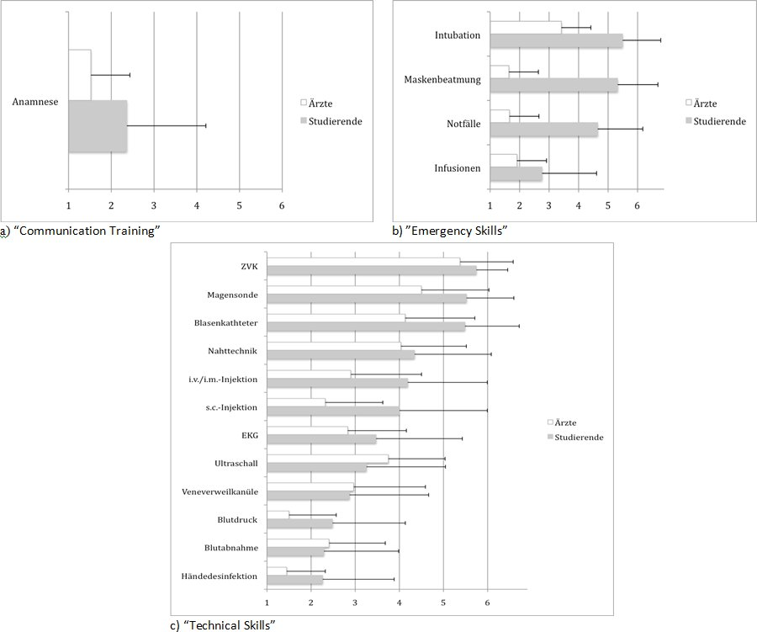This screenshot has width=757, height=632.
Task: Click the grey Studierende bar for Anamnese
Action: point(98,126)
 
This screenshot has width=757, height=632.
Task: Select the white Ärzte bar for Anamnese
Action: point(80,75)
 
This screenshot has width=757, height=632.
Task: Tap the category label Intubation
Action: point(458,35)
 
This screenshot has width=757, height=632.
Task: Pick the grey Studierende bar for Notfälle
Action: point(543,130)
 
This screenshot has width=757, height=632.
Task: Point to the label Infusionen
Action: point(457,168)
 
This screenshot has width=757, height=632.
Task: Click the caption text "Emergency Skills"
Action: point(454,231)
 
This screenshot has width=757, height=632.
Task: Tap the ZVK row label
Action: point(249,267)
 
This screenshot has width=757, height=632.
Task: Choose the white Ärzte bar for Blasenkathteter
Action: point(336,317)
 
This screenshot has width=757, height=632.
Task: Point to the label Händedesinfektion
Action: point(219,576)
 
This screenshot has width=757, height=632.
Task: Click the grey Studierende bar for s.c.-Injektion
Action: point(332,411)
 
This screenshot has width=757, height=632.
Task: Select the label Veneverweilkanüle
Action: point(220,491)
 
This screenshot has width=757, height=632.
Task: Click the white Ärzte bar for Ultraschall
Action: point(327,459)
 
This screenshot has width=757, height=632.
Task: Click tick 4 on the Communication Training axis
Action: point(197,205)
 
